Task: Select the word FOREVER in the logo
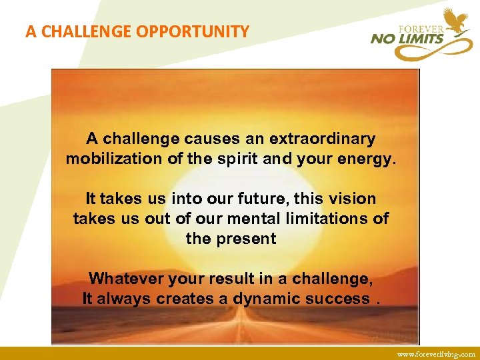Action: tap(421, 29)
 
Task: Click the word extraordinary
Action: tap(322, 139)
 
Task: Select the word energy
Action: tap(365, 159)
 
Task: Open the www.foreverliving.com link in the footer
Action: tap(436, 354)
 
